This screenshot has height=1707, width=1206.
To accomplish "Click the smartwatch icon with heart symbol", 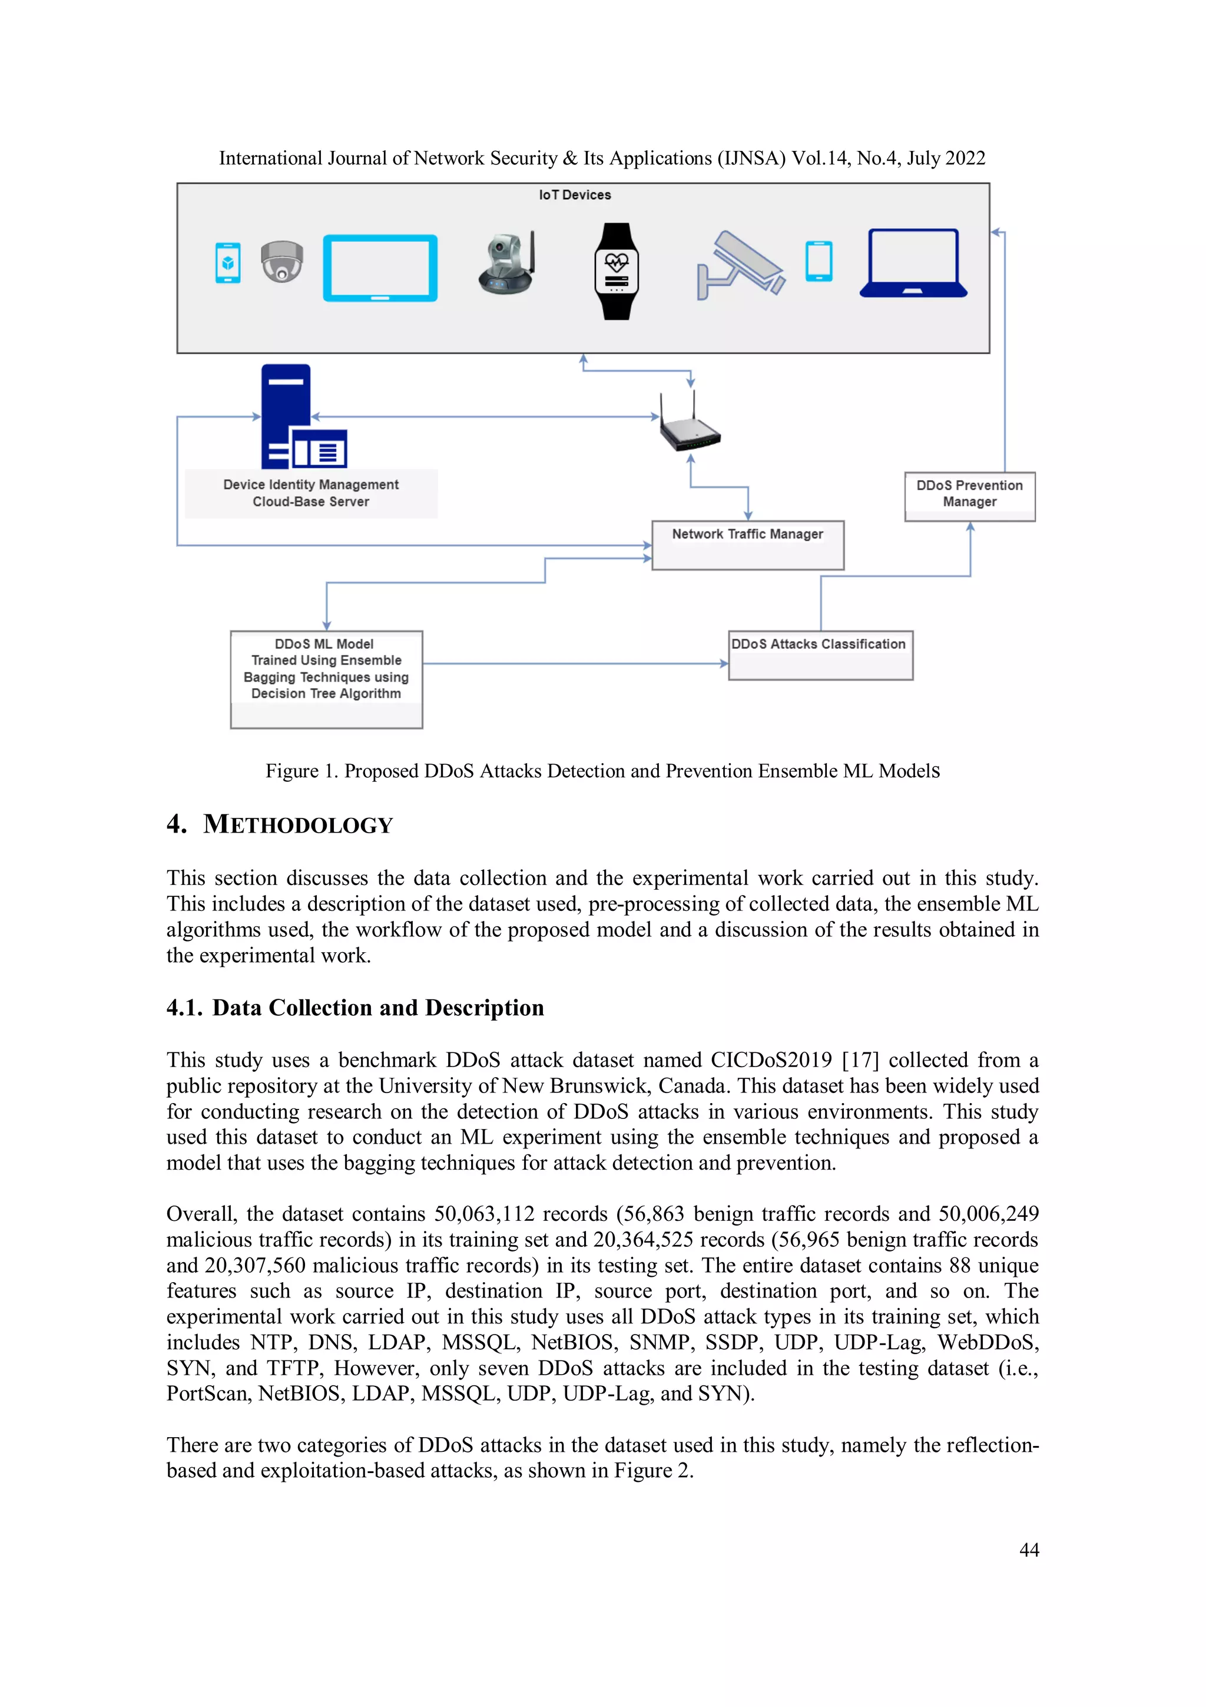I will pos(616,272).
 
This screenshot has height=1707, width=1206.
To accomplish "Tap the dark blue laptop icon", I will pos(913,264).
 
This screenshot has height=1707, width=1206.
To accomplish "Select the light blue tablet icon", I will pos(380,268).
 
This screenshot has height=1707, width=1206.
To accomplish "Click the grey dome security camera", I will pos(281,262).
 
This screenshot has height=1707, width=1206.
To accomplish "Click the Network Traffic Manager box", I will pos(747,545).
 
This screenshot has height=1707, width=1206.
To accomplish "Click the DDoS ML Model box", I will pos(326,679).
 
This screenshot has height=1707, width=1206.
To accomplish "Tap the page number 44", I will pos(1028,1550).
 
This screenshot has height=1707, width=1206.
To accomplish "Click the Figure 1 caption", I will pos(602,771).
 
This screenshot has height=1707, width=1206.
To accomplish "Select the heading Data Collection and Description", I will pos(377,1008).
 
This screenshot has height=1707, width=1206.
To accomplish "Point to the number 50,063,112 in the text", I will pos(483,1213).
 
